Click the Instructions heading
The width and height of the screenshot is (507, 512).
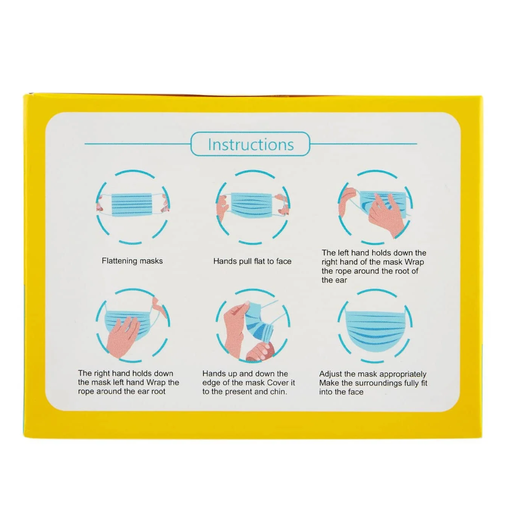(x=250, y=144)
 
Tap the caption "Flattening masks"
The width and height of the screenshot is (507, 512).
(x=132, y=261)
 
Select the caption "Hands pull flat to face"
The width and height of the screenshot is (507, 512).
(x=252, y=261)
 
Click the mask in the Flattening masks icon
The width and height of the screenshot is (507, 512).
(x=132, y=205)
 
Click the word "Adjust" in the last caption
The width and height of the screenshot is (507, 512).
(x=331, y=374)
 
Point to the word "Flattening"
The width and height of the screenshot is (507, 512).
(x=119, y=261)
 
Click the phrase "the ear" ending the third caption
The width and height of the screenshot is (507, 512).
(x=334, y=280)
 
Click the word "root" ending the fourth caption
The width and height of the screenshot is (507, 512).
(x=158, y=391)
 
